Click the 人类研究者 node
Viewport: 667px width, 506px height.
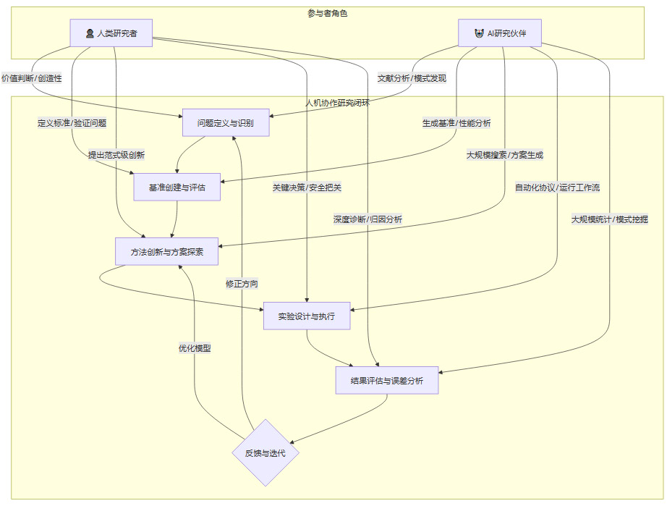[111, 33]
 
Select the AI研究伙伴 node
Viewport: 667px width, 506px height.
[499, 33]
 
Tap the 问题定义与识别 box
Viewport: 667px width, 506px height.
[226, 123]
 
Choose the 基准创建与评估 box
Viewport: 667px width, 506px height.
[177, 187]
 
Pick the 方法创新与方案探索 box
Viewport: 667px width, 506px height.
[166, 251]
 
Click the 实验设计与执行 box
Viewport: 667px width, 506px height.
[307, 316]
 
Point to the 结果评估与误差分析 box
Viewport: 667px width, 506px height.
[387, 380]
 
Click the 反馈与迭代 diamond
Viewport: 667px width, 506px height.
[265, 453]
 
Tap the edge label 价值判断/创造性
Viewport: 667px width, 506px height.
[32, 78]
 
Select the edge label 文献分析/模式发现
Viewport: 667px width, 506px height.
[412, 78]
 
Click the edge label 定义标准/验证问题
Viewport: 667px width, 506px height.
[72, 123]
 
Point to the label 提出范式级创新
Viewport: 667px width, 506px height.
[116, 155]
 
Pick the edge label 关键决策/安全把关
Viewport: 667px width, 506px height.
[307, 187]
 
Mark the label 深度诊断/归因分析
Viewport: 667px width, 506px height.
[368, 219]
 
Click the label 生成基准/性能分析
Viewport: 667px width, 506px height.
[456, 123]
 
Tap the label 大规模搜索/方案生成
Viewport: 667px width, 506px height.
[504, 155]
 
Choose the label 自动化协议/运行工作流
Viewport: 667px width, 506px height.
[557, 187]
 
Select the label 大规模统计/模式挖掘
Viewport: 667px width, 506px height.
[609, 219]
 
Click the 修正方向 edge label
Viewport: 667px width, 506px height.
[242, 284]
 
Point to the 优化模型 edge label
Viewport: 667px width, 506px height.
[195, 347]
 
